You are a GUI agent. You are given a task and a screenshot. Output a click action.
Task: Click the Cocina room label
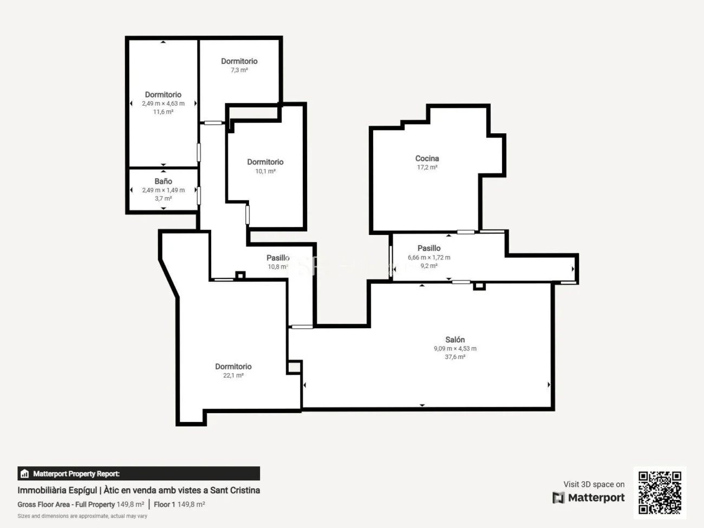(427, 158)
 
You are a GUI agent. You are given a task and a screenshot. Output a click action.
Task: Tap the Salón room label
(455, 340)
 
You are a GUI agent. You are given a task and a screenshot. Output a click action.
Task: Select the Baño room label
(163, 181)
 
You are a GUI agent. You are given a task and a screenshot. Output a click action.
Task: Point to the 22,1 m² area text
(233, 375)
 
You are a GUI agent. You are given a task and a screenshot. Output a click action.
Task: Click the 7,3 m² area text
(239, 70)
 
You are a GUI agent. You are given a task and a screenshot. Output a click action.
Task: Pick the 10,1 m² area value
(265, 171)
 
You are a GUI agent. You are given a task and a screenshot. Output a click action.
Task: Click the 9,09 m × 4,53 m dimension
(455, 348)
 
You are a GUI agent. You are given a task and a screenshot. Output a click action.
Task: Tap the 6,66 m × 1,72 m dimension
(429, 257)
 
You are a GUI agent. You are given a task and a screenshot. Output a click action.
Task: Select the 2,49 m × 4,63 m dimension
(163, 103)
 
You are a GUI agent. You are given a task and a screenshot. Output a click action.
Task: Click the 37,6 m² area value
(455, 357)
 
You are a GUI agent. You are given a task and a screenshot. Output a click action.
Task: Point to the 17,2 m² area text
(427, 167)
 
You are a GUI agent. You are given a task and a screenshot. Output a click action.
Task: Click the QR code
(660, 492)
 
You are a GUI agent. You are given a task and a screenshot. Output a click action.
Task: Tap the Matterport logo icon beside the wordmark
(558, 498)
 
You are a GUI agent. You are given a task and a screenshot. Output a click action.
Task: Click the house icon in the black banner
(25, 473)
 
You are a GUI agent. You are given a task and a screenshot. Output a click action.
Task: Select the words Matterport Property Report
(76, 473)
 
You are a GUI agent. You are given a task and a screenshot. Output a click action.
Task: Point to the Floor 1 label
(165, 504)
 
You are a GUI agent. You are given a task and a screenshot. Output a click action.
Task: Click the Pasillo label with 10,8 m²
(278, 258)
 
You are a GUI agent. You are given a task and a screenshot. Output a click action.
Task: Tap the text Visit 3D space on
(594, 484)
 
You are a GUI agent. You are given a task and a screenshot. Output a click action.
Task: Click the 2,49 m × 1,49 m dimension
(163, 190)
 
